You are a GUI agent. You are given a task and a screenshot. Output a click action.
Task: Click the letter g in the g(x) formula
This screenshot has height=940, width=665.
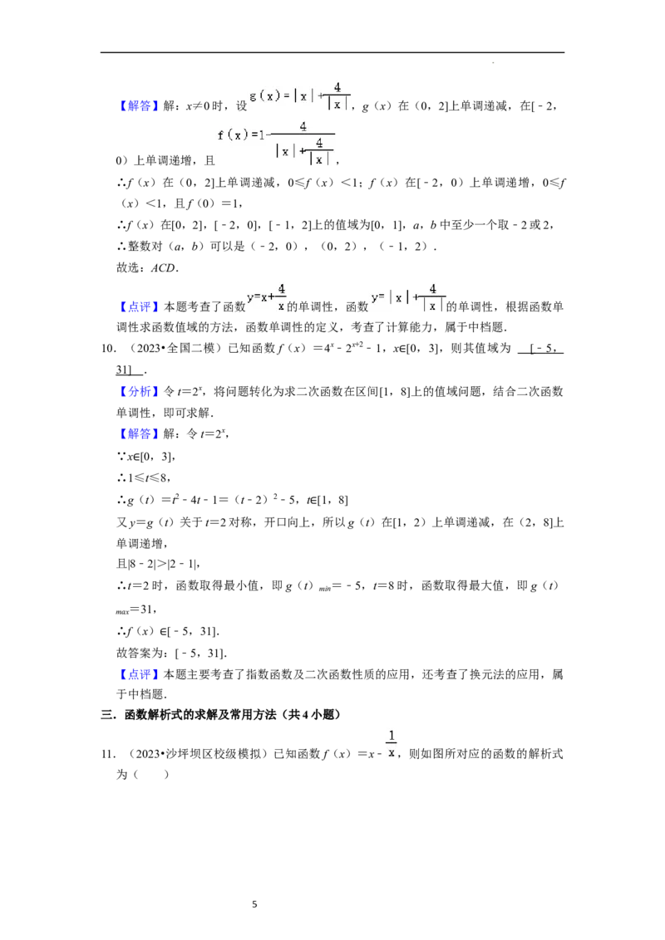253,96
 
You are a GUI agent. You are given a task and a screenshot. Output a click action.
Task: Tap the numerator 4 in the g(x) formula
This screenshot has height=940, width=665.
337,87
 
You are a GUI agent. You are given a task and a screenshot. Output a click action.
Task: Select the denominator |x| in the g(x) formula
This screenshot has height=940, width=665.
337,105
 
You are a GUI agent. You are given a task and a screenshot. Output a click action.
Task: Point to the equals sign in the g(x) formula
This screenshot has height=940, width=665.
285,96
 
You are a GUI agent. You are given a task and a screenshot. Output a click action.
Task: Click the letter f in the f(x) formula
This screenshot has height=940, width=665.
221,135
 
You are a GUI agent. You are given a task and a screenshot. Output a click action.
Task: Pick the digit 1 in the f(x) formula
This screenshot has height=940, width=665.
262,135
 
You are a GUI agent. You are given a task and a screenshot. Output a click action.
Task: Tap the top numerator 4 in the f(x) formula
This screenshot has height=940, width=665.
303,126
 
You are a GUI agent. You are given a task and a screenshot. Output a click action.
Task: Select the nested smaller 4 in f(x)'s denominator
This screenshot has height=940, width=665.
319,143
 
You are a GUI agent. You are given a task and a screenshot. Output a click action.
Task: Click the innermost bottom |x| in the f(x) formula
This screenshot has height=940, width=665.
319,159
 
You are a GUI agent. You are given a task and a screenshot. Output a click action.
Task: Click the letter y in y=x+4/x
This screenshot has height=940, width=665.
249,297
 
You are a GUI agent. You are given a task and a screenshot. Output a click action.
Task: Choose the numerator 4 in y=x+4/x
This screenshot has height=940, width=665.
282,288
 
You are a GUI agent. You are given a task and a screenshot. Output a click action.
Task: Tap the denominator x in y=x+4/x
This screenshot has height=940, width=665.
282,306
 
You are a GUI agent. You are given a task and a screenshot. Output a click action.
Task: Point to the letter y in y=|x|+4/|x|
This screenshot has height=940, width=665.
375,297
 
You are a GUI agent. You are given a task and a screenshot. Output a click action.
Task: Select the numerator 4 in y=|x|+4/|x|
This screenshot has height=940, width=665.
432,288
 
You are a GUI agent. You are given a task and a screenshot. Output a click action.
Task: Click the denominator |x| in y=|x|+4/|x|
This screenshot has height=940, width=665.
432,306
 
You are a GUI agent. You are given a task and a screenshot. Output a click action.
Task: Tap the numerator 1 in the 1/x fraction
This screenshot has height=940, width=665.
390,735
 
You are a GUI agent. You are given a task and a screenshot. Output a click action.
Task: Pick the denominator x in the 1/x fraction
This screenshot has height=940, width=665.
390,753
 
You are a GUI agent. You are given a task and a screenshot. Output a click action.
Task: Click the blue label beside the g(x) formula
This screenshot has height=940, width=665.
139,106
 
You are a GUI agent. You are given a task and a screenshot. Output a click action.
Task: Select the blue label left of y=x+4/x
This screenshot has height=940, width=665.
139,306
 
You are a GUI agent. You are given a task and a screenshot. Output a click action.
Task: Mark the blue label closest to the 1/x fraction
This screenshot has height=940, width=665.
139,675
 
